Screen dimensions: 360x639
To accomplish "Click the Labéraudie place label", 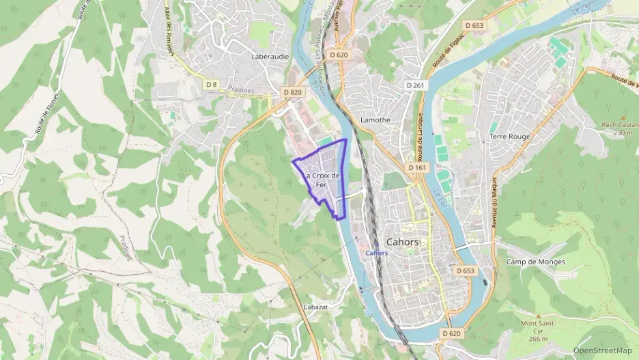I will point(270,56).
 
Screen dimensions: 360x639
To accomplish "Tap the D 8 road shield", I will point(212,84).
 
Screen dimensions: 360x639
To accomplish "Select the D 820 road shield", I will point(292,92).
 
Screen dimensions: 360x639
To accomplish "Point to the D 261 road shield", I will point(415,85).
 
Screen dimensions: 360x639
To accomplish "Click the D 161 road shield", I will point(417,167).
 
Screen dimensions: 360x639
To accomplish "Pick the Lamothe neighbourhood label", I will point(375,120).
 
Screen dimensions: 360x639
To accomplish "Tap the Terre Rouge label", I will point(509,137).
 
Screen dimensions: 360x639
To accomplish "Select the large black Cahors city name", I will point(403,242).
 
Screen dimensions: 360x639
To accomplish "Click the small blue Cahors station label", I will point(377,253).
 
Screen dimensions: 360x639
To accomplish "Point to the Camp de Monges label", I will point(536,262).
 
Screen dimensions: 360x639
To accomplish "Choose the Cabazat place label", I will point(315,307).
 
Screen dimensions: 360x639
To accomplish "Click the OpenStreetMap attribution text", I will point(603,350).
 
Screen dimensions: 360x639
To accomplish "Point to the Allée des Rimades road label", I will point(170,32).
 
